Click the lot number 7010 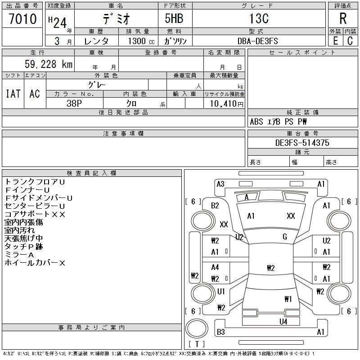pyautogui.click(x=22, y=19)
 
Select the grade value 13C pyautogui.click(x=258, y=19)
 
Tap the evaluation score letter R pyautogui.click(x=343, y=19)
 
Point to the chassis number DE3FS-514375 pyautogui.click(x=302, y=143)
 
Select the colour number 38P pyautogui.click(x=74, y=103)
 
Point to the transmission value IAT pyautogui.click(x=13, y=94)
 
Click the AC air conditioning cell pyautogui.click(x=35, y=94)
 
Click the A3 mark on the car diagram pyautogui.click(x=220, y=184)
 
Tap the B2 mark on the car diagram pyautogui.click(x=215, y=206)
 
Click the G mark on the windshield pyautogui.click(x=285, y=237)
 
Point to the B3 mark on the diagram pyautogui.click(x=220, y=332)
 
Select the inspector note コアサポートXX pyautogui.click(x=35, y=214)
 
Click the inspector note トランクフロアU pyautogui.click(x=35, y=182)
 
